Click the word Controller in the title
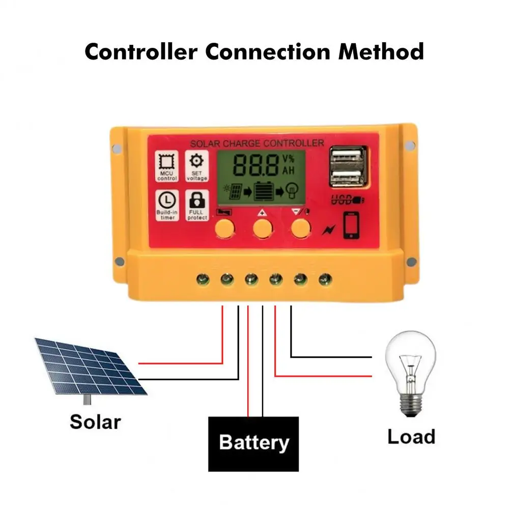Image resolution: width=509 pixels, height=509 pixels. click(x=141, y=52)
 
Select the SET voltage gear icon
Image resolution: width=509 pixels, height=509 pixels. click(x=196, y=162)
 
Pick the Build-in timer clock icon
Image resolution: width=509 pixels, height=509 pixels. click(x=166, y=199)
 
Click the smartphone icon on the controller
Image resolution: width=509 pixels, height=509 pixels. click(x=351, y=225)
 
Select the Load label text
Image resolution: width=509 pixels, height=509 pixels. click(x=411, y=436)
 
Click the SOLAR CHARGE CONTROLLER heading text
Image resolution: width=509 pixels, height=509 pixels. click(x=256, y=143)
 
